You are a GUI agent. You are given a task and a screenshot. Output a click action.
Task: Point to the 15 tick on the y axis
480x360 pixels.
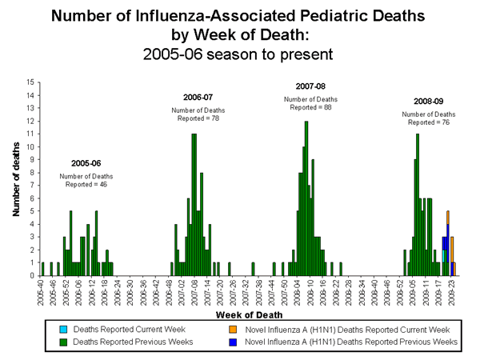pos(30,82)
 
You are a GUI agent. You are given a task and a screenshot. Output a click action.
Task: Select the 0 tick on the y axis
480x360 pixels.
pos(31,275)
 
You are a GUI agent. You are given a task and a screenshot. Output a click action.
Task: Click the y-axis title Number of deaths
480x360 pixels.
pos(16,178)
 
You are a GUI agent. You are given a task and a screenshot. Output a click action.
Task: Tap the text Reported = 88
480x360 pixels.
pos(306,106)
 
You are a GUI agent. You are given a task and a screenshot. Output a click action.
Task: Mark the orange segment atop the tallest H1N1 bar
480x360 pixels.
pos(448,217)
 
